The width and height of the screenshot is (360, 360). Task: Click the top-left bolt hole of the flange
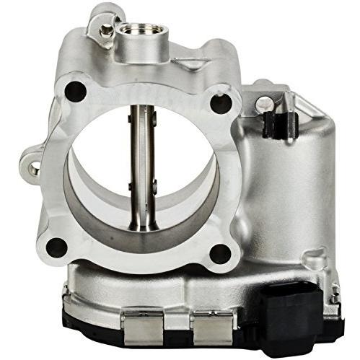tap(74, 92)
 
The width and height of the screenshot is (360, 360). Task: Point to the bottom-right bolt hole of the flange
tap(219, 253)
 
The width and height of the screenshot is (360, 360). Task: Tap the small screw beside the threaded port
tap(107, 30)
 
